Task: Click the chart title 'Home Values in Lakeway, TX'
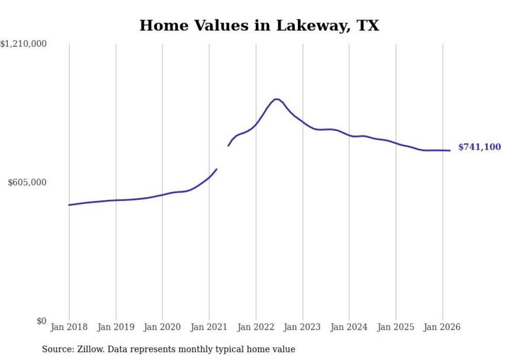(259, 25)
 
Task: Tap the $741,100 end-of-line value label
(479, 147)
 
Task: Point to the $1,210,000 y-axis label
(24, 44)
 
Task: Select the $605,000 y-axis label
(27, 182)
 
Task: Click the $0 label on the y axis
(41, 321)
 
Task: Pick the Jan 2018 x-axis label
(69, 327)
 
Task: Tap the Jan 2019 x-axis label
(115, 327)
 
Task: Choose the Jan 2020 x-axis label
(162, 327)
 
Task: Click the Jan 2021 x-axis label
(209, 327)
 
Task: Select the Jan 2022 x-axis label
(256, 327)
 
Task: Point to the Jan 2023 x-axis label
(302, 327)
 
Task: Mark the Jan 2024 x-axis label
(349, 327)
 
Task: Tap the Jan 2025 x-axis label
(396, 327)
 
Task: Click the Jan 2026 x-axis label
(442, 327)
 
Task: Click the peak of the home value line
(276, 99)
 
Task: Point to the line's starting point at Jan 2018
(69, 205)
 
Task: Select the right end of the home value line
(450, 150)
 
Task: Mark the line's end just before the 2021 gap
(216, 169)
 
